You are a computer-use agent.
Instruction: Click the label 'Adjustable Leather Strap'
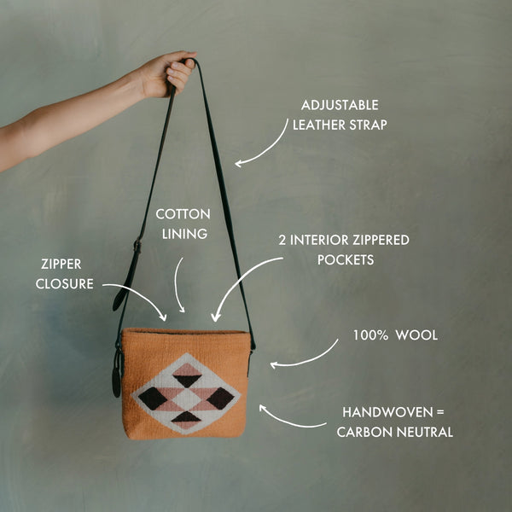click(x=339, y=114)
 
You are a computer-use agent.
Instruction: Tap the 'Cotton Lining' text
click(x=183, y=224)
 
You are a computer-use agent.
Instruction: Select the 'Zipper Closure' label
click(x=64, y=274)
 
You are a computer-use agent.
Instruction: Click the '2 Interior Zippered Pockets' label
click(x=343, y=249)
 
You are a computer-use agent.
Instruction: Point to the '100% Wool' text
click(x=395, y=335)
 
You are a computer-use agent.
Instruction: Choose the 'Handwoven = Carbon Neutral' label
click(x=394, y=422)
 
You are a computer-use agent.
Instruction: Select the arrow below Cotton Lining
click(x=178, y=286)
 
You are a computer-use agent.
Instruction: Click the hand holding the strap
click(x=166, y=74)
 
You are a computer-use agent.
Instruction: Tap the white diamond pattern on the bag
click(x=186, y=393)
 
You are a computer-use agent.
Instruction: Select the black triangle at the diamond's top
click(x=187, y=380)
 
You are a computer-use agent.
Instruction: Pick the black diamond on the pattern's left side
click(x=153, y=398)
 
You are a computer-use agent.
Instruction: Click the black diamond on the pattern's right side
click(x=219, y=398)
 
